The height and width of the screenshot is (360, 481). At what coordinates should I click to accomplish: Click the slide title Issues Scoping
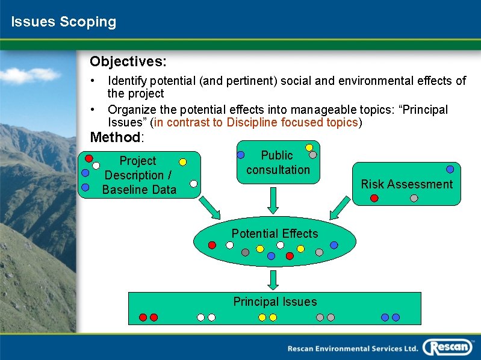pos(63,22)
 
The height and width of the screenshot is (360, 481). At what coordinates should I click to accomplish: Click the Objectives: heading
pos(128,61)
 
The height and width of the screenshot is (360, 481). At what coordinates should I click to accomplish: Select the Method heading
pos(116,137)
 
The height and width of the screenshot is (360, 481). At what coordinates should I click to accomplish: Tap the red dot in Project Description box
pos(88,159)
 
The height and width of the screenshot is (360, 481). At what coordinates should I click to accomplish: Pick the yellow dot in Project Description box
pos(182,162)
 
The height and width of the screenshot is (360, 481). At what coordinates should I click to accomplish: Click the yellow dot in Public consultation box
pos(309,147)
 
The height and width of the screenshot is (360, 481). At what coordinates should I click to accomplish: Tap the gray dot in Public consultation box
pos(312,155)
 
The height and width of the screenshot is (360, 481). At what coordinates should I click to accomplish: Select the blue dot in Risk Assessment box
pos(450,170)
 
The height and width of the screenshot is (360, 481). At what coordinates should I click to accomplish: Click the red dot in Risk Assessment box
pos(374,198)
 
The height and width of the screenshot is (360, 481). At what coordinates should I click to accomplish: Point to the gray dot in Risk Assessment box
pos(414,198)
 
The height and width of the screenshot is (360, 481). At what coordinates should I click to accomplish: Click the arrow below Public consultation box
pos(273,200)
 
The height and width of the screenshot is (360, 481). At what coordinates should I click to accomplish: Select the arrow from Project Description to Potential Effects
pos(211,208)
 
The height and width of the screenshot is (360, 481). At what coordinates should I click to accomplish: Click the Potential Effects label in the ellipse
pos(275,234)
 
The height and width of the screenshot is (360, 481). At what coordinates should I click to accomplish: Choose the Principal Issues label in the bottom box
pos(275,302)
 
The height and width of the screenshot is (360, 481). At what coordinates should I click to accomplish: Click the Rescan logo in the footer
pos(448,347)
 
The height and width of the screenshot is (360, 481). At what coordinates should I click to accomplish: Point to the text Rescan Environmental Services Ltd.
pos(352,349)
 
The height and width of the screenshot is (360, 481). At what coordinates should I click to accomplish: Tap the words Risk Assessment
pos(406,184)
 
